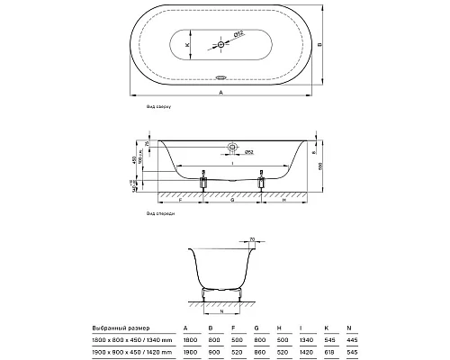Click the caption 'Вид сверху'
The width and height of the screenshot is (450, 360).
(x=158, y=106)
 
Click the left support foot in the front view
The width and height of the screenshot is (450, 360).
(x=202, y=182)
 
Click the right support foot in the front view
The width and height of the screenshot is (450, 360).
(x=263, y=182)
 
